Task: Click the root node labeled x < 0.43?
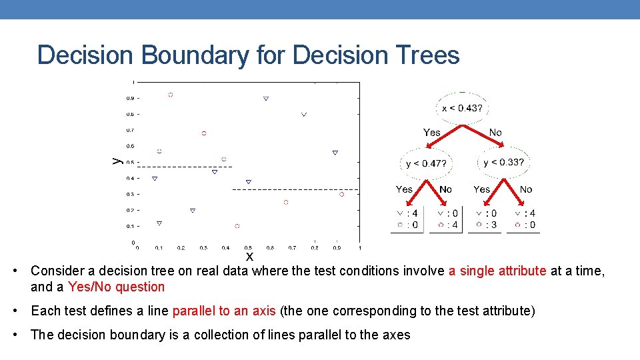pyautogui.click(x=463, y=107)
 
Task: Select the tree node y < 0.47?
pyautogui.click(x=426, y=163)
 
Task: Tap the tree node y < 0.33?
pyautogui.click(x=503, y=162)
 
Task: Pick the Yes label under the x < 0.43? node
pyautogui.click(x=431, y=133)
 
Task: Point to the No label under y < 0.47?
pyautogui.click(x=445, y=189)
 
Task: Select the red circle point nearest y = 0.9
pyautogui.click(x=171, y=95)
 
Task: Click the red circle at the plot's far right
pyautogui.click(x=341, y=194)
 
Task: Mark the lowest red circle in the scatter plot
pyautogui.click(x=237, y=226)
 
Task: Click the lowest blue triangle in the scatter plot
pyautogui.click(x=159, y=223)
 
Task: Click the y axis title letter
pyautogui.click(x=115, y=160)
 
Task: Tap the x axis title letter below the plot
pyautogui.click(x=249, y=256)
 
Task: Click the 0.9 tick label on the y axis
pyautogui.click(x=129, y=98)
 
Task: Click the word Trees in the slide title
pyautogui.click(x=427, y=55)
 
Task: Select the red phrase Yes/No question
pyautogui.click(x=116, y=287)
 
